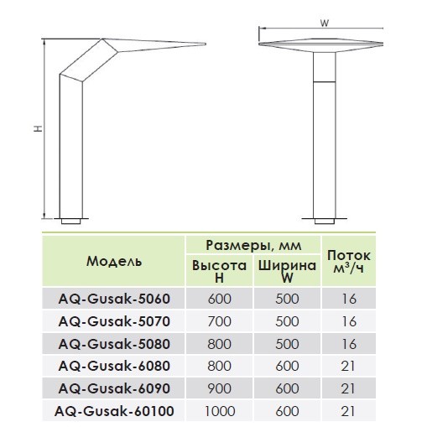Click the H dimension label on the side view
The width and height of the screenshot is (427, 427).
pos(38,128)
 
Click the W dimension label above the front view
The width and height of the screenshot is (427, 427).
pos(325,23)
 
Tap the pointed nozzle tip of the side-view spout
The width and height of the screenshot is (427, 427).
pos(206,44)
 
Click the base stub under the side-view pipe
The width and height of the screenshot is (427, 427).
pos(70,221)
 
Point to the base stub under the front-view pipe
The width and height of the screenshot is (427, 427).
pos(325,221)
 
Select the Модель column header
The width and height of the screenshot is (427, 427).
pos(114,261)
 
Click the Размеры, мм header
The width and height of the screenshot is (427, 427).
pos(253,245)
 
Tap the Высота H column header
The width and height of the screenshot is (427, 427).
pos(220,271)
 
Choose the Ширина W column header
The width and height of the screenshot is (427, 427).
pos(287,271)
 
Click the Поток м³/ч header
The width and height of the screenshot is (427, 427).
pos(349,262)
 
